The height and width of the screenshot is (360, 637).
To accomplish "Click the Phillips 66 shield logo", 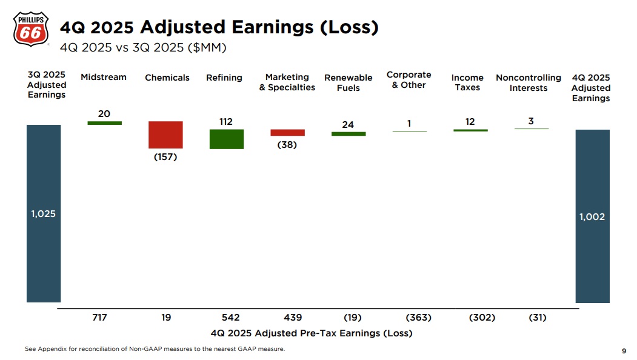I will pyautogui.click(x=30, y=28).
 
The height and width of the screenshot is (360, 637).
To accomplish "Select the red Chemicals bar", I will pyautogui.click(x=165, y=135).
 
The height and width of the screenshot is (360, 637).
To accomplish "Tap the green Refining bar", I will pyautogui.click(x=227, y=139).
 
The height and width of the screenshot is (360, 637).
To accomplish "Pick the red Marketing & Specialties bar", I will pyautogui.click(x=287, y=132).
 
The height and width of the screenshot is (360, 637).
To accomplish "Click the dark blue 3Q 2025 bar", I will pyautogui.click(x=44, y=213).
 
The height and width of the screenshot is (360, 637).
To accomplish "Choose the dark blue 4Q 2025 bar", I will pyautogui.click(x=592, y=216).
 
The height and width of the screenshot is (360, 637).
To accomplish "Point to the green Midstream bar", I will pyautogui.click(x=104, y=123).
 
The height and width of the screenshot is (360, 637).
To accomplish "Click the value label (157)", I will pyautogui.click(x=165, y=158).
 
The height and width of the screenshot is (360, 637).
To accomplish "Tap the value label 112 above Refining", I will pyautogui.click(x=226, y=122).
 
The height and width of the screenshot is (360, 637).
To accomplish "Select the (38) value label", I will pyautogui.click(x=287, y=145).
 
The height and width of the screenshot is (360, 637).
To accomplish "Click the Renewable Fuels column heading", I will pyautogui.click(x=349, y=83).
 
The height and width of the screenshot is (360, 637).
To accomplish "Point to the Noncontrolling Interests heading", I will pyautogui.click(x=529, y=83).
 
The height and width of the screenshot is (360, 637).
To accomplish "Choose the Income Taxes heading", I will pyautogui.click(x=467, y=83).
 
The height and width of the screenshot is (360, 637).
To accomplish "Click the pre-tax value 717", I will pyautogui.click(x=99, y=318).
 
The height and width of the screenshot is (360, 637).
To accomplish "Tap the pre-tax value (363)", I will pyautogui.click(x=418, y=318).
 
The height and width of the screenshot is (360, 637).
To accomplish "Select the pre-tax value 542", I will pyautogui.click(x=230, y=318).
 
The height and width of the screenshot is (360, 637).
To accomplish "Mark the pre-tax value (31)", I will pyautogui.click(x=537, y=318).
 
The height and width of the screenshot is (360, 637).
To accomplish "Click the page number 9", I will pyautogui.click(x=624, y=351).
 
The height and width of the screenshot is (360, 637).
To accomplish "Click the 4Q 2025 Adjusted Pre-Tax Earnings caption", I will pyautogui.click(x=312, y=333).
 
